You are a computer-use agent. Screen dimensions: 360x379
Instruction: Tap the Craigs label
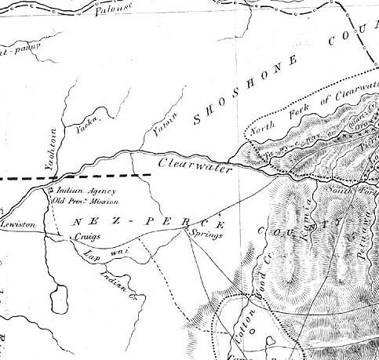85,235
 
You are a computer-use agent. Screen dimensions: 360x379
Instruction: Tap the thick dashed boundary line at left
24,179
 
